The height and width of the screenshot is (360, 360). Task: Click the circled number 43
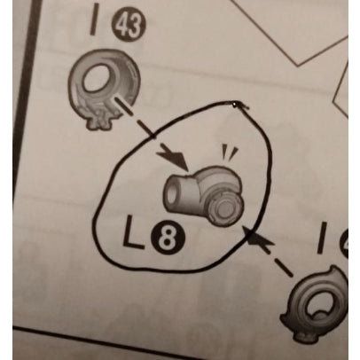pos(129,25)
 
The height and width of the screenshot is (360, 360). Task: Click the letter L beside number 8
pos(132,231)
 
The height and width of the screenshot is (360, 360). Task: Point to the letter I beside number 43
pos(95,20)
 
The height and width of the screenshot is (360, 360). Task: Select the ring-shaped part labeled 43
pos(104,88)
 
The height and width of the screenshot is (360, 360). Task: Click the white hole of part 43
pos(97,77)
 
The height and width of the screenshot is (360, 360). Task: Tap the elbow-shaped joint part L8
pos(204,196)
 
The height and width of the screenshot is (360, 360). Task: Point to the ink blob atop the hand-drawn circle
pos(234,105)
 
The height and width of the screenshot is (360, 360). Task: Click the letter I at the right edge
pos(323,238)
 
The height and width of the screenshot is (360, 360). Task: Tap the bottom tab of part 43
pos(100,122)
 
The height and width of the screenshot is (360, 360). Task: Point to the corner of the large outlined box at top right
pos(299,64)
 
